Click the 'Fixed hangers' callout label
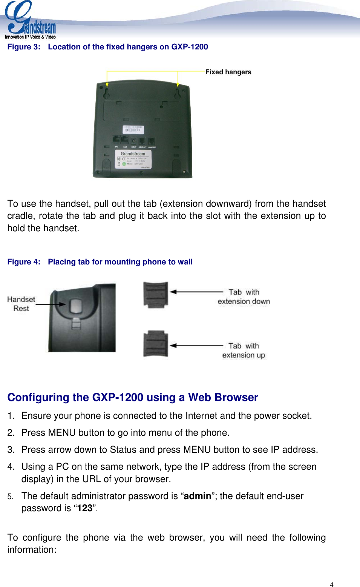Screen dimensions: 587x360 pos(228,72)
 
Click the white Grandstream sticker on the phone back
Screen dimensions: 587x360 pos(133,159)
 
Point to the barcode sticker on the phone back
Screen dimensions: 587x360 pos(133,130)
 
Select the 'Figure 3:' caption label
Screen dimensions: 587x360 pos(24,47)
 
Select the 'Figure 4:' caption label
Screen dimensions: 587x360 pos(24,262)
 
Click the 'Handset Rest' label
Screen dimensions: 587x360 pos(21,304)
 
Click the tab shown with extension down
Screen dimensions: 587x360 pos(155,294)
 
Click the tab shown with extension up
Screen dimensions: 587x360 pos(155,344)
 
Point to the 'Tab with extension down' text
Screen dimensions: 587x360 pos(244,297)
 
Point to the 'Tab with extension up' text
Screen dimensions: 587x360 pos(244,350)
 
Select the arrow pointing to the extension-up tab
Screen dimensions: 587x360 pos(196,345)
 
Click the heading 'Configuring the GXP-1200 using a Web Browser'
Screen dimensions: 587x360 pos(133,397)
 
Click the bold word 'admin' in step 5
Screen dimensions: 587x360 pos(197,496)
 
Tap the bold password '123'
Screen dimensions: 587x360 pos(85,509)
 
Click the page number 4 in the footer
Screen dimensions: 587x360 pos(331,584)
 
